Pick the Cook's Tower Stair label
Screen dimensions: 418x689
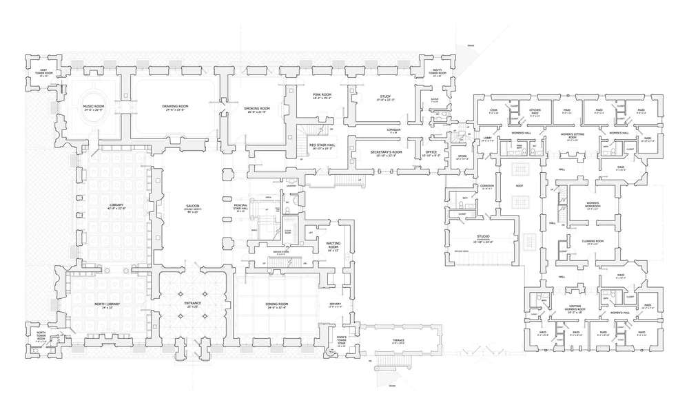click(x=333, y=339)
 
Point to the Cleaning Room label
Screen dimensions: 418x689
click(x=592, y=241)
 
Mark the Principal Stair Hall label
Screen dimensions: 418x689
click(x=241, y=207)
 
